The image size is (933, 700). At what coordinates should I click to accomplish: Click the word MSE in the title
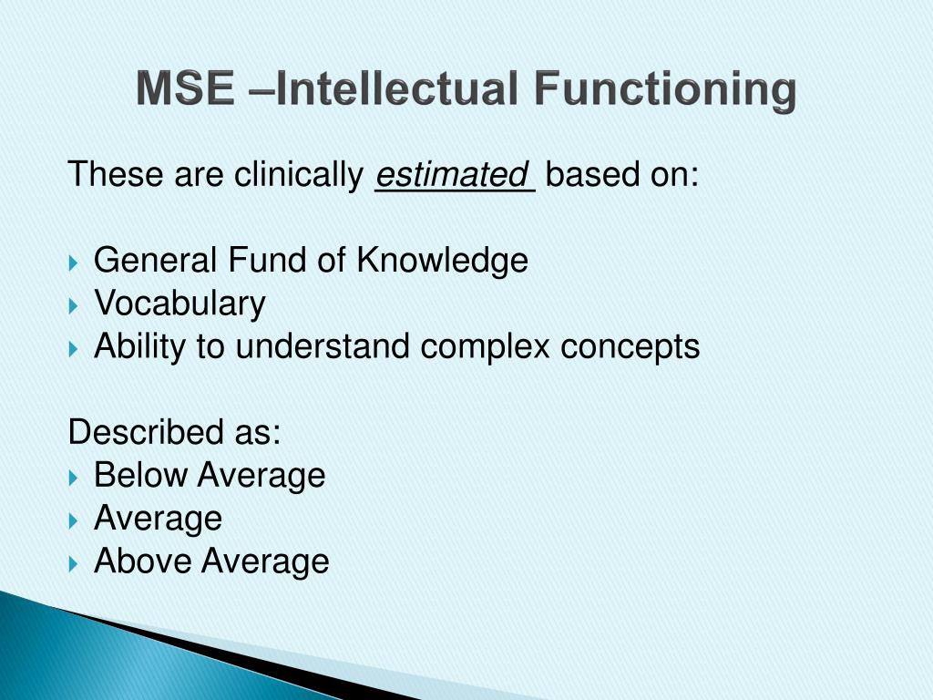188,90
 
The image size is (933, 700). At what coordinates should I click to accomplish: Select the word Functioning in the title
664,90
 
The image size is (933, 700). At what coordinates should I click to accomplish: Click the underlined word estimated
453,174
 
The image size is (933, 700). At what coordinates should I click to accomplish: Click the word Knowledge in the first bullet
442,261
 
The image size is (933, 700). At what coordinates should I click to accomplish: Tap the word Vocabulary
179,304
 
